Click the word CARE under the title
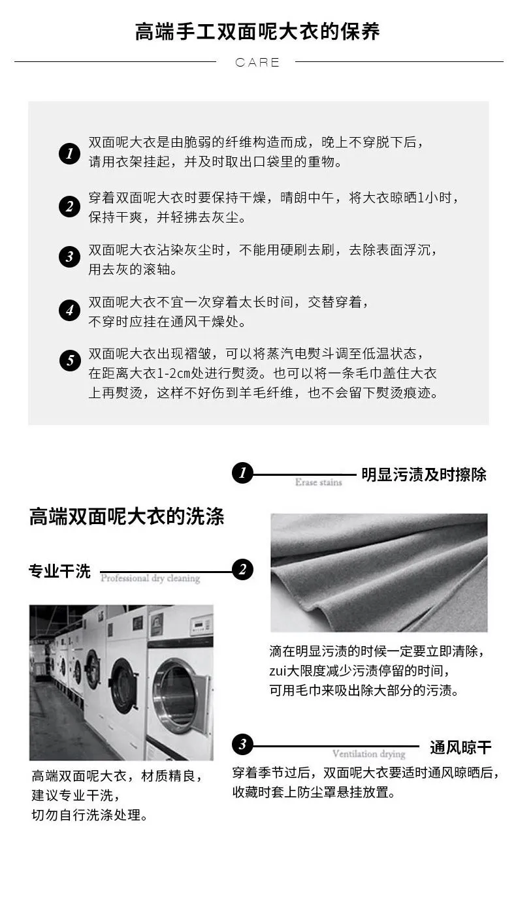(x=257, y=62)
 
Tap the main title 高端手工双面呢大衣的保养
(x=257, y=32)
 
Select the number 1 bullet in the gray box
(x=70, y=153)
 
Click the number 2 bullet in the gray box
(x=70, y=206)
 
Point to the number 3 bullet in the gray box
(x=70, y=256)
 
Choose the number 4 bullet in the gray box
(x=70, y=310)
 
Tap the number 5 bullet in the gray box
(x=70, y=360)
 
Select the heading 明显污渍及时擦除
(x=424, y=475)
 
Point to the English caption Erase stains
(x=319, y=482)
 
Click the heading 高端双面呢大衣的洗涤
(x=127, y=516)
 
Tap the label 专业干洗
(x=60, y=571)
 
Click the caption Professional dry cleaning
(x=150, y=578)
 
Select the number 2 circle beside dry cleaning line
(x=242, y=569)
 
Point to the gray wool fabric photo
(x=379, y=572)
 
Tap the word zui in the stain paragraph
(x=278, y=671)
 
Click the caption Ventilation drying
(x=369, y=754)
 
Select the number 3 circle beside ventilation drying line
(x=242, y=744)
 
